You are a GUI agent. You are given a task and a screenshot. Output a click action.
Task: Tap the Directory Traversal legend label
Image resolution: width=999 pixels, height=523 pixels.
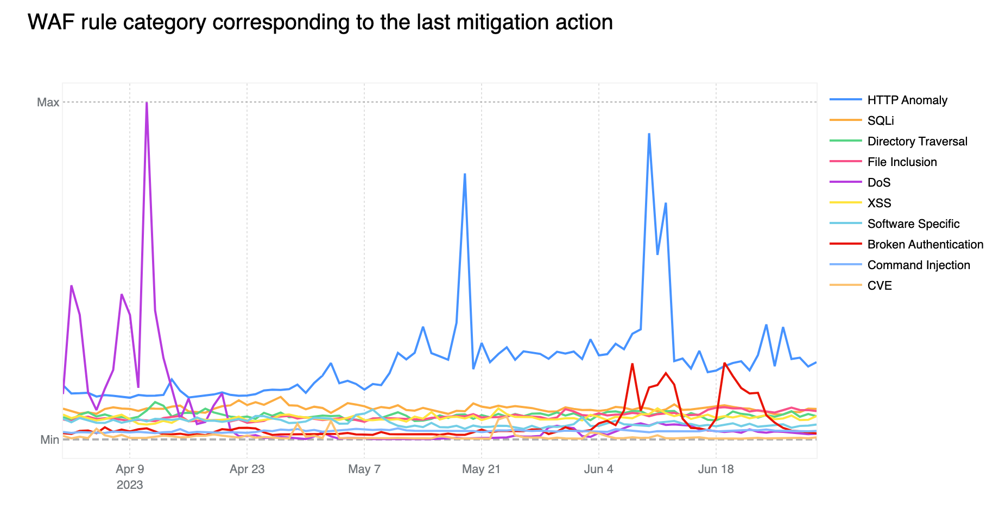918,141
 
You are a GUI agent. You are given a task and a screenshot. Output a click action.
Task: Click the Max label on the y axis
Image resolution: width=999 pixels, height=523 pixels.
48,102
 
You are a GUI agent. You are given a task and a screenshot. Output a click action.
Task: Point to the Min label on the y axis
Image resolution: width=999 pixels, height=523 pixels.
49,439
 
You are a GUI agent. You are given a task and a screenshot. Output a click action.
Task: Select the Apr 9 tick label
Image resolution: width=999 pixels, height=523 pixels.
130,469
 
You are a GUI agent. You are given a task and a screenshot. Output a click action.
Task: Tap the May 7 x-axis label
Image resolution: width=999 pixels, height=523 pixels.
364,469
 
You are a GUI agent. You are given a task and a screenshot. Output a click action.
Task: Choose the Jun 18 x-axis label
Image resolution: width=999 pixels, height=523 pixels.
716,469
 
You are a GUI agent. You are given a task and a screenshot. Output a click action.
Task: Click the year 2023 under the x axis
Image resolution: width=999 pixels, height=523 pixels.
130,484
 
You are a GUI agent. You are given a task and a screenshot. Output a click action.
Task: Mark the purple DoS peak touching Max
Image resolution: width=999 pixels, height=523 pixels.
147,103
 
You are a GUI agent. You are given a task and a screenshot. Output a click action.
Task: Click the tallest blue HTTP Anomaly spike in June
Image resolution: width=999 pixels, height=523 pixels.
649,134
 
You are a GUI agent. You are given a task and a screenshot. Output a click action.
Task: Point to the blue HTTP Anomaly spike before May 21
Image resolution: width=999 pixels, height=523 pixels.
465,174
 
